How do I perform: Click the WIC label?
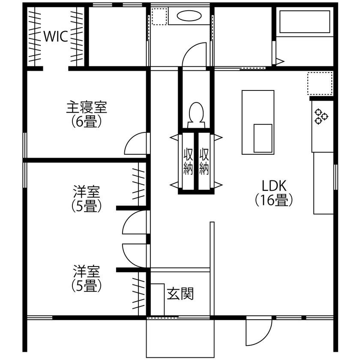point(55,37)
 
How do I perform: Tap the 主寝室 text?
point(86,107)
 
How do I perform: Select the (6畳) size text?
point(86,122)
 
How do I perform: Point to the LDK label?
point(274,185)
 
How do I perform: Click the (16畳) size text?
point(274,200)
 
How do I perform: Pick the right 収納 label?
point(204,162)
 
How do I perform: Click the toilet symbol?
point(196,114)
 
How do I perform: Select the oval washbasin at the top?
point(189,16)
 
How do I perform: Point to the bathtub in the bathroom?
point(304,22)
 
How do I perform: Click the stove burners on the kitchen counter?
point(321,117)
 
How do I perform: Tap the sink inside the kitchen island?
point(263,138)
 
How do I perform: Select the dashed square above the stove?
point(320,83)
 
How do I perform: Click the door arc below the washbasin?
point(195,55)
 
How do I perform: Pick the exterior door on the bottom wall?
point(258,333)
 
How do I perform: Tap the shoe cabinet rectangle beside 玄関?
point(157,300)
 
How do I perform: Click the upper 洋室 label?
point(86,190)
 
